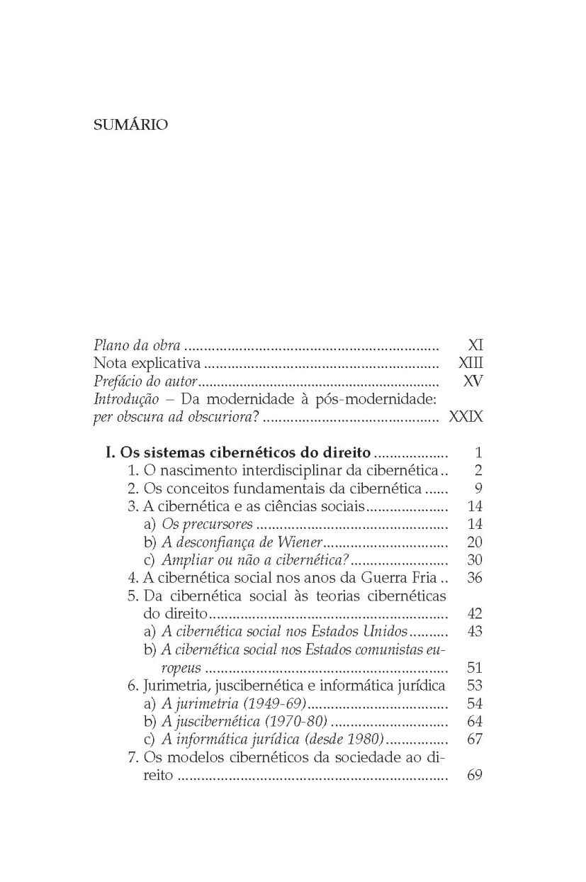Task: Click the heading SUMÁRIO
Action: coord(131,125)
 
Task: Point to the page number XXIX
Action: coord(466,416)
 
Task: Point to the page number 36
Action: coord(475,577)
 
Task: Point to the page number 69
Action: coord(475,775)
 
